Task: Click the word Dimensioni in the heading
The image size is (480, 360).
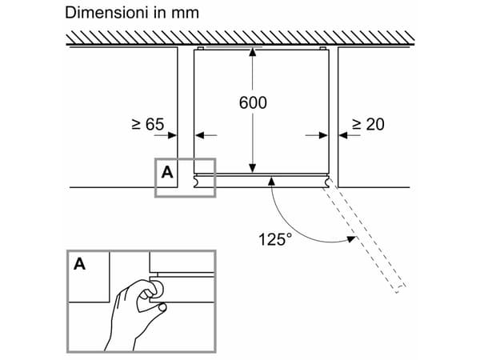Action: click(x=103, y=13)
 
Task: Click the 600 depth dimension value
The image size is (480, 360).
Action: click(x=253, y=103)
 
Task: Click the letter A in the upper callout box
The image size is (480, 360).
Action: click(x=166, y=171)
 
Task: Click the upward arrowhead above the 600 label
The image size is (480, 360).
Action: click(x=253, y=53)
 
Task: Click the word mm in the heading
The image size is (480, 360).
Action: click(x=184, y=13)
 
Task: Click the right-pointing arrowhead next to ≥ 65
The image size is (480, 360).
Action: click(x=172, y=135)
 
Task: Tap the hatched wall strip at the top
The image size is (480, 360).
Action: click(x=240, y=37)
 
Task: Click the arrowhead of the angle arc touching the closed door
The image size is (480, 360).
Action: click(x=273, y=182)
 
